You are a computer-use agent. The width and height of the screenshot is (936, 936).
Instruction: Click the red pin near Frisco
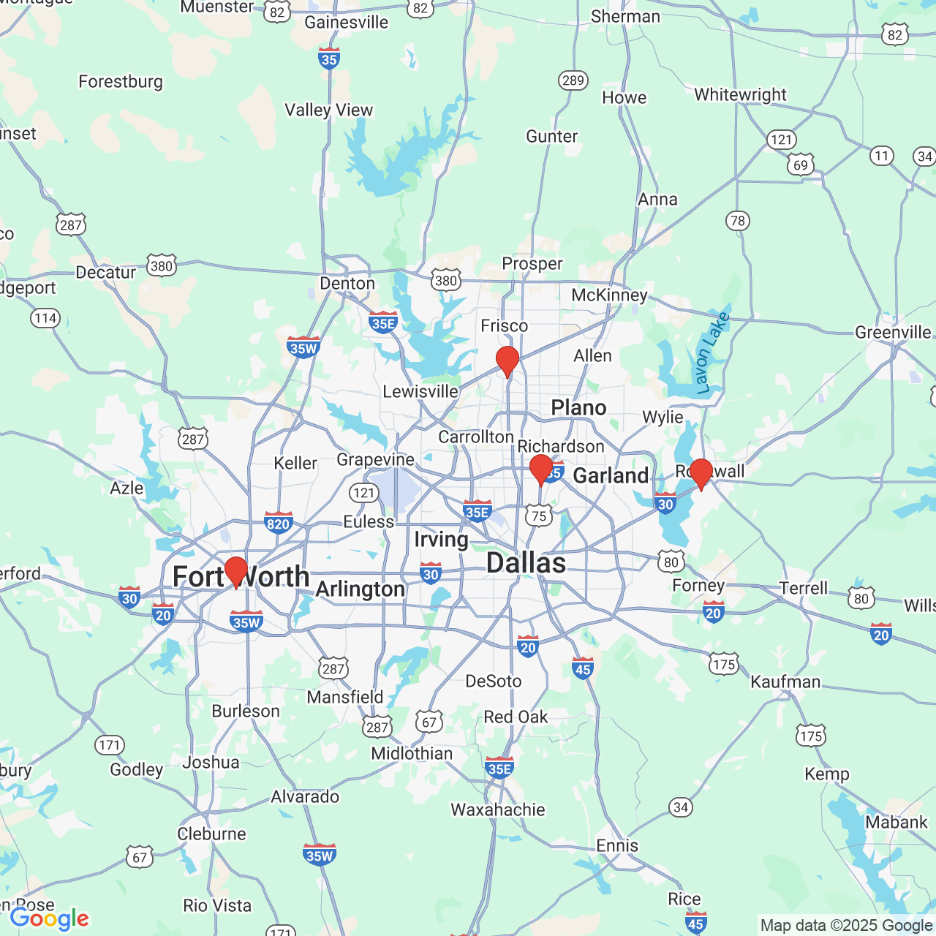click(507, 361)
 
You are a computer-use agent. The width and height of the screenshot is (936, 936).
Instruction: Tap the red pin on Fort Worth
click(236, 571)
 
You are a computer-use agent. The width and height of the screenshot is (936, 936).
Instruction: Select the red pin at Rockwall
click(701, 473)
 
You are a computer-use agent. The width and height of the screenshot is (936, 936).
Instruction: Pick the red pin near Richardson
click(541, 469)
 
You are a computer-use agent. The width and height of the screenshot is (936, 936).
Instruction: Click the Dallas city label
click(526, 563)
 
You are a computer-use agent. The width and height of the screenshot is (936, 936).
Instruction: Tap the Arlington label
click(361, 589)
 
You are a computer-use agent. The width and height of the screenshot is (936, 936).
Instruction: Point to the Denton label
click(347, 284)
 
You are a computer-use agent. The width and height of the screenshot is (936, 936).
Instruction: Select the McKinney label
click(609, 295)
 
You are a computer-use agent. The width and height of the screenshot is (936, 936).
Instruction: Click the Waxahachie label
click(497, 809)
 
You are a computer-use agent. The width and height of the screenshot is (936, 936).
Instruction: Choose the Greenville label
click(893, 333)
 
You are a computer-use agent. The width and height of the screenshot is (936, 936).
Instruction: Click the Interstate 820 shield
click(279, 523)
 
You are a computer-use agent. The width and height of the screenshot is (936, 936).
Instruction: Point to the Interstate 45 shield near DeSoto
click(583, 668)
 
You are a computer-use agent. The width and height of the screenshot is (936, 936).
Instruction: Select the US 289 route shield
click(573, 80)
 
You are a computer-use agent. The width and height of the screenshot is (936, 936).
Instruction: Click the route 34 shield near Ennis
click(681, 807)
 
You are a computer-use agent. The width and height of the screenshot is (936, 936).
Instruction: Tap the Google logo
click(50, 918)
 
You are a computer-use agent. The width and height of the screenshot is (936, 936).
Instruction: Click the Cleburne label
click(211, 834)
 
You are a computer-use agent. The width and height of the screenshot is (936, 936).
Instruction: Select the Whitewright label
click(740, 95)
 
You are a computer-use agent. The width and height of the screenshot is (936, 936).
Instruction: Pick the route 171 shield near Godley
click(109, 745)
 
